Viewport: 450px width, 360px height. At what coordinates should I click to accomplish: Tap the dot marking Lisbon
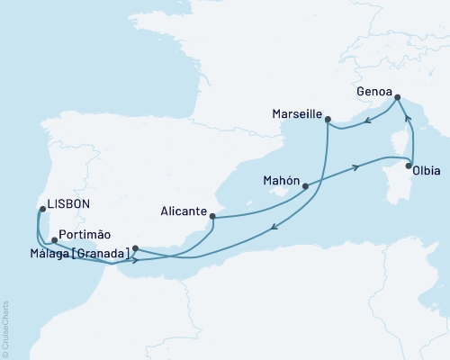point(42,209)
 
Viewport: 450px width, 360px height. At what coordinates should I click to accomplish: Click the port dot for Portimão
point(55,240)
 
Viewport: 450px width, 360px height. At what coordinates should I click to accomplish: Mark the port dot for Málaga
point(135,248)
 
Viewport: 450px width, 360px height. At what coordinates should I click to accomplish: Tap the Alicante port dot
point(212,216)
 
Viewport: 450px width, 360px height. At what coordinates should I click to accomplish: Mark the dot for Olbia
point(409,166)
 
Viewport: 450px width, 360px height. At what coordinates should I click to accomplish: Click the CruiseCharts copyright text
point(5,328)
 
